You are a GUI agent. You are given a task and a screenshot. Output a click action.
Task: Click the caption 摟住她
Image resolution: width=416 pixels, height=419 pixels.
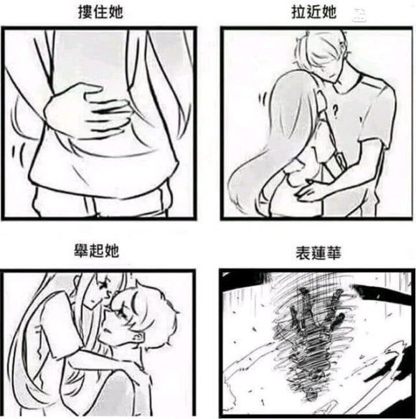[100, 12]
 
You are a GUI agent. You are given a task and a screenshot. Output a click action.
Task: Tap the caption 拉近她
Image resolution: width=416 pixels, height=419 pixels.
[313, 12]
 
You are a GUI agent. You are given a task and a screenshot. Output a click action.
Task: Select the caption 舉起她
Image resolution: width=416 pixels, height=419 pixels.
[96, 250]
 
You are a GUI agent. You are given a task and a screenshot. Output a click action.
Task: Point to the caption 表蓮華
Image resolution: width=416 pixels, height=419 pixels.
[318, 253]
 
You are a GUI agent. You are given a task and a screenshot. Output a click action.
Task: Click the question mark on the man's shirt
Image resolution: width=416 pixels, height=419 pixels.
[334, 111]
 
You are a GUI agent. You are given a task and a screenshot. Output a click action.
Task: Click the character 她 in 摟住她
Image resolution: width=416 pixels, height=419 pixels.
[115, 12]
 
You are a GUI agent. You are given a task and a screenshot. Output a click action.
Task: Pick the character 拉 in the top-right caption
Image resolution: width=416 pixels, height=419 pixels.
[298, 12]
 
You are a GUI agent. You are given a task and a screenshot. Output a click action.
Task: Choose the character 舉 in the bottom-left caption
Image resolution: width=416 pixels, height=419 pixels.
[81, 250]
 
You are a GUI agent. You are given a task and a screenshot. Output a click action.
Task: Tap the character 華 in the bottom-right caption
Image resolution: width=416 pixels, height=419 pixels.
[334, 253]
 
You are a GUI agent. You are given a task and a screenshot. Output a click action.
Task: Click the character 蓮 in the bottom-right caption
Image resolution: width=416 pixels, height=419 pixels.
[318, 253]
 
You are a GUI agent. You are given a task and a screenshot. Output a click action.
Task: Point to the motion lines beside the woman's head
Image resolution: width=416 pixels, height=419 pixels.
[263, 100]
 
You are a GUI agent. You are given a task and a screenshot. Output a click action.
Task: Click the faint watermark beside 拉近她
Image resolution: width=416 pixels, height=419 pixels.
[359, 14]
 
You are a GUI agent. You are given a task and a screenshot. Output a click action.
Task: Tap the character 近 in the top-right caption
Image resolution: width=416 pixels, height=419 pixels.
[313, 12]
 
